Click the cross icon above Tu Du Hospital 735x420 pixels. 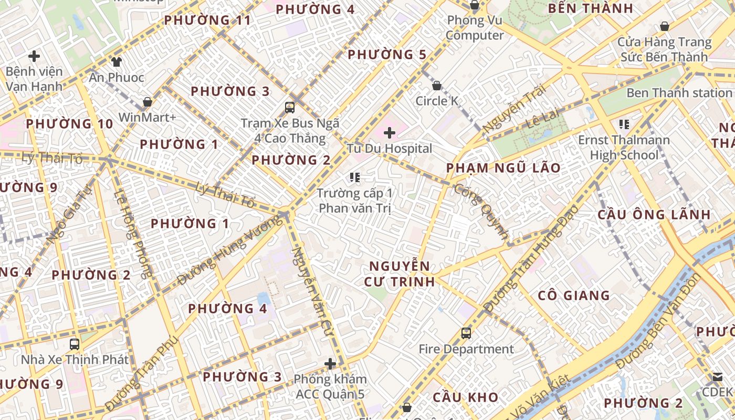pyautogui.click(x=389, y=133)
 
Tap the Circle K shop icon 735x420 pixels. pyautogui.click(x=436, y=86)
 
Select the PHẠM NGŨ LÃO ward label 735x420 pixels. pyautogui.click(x=503, y=168)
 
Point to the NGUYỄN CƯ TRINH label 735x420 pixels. pyautogui.click(x=400, y=274)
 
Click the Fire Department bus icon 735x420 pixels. pyautogui.click(x=466, y=333)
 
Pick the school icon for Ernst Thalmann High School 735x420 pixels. pyautogui.click(x=624, y=124)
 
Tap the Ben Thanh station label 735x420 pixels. pyautogui.click(x=679, y=93)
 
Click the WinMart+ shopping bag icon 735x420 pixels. pyautogui.click(x=148, y=102)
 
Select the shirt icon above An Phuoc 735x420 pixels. pyautogui.click(x=116, y=62)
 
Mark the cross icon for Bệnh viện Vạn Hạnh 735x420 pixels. pyautogui.click(x=34, y=56)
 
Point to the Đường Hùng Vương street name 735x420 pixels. pyautogui.click(x=229, y=250)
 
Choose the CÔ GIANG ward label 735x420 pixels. pyautogui.click(x=574, y=295)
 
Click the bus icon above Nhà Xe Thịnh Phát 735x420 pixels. pyautogui.click(x=75, y=344)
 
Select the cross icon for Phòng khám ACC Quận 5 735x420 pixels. pyautogui.click(x=330, y=363)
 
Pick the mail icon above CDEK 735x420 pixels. pyautogui.click(x=718, y=376)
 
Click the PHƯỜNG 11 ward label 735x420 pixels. pyautogui.click(x=207, y=20)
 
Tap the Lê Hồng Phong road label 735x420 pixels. pyautogui.click(x=133, y=233)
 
